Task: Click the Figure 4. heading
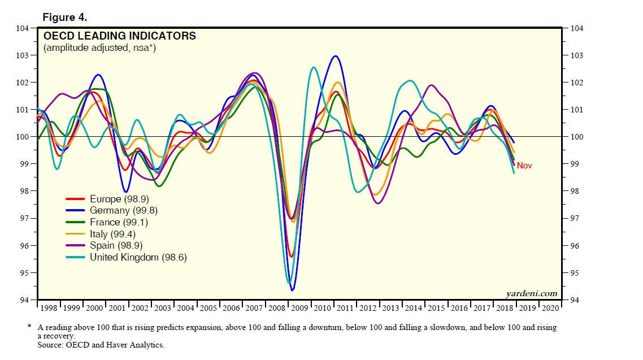point(64,17)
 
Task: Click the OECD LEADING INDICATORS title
point(120,36)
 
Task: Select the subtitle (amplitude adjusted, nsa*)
point(100,48)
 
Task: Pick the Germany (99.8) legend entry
point(123,211)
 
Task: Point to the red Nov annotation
point(524,166)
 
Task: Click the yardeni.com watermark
point(532,293)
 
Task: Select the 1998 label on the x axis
point(49,308)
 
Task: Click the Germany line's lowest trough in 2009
point(292,290)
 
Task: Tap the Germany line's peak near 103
point(336,56)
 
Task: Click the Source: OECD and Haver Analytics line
point(101,344)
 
